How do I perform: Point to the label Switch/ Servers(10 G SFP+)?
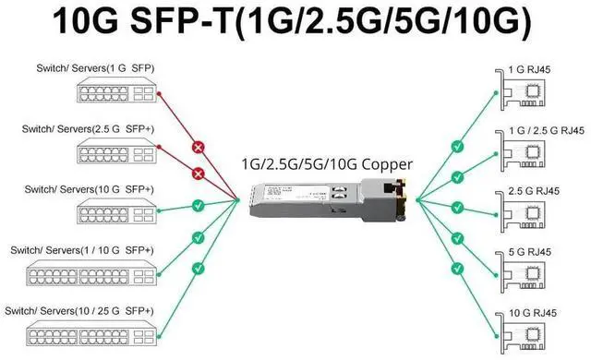click(x=80, y=188)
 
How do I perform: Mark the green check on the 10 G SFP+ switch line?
click(x=197, y=205)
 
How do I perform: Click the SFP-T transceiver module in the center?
click(x=328, y=198)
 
